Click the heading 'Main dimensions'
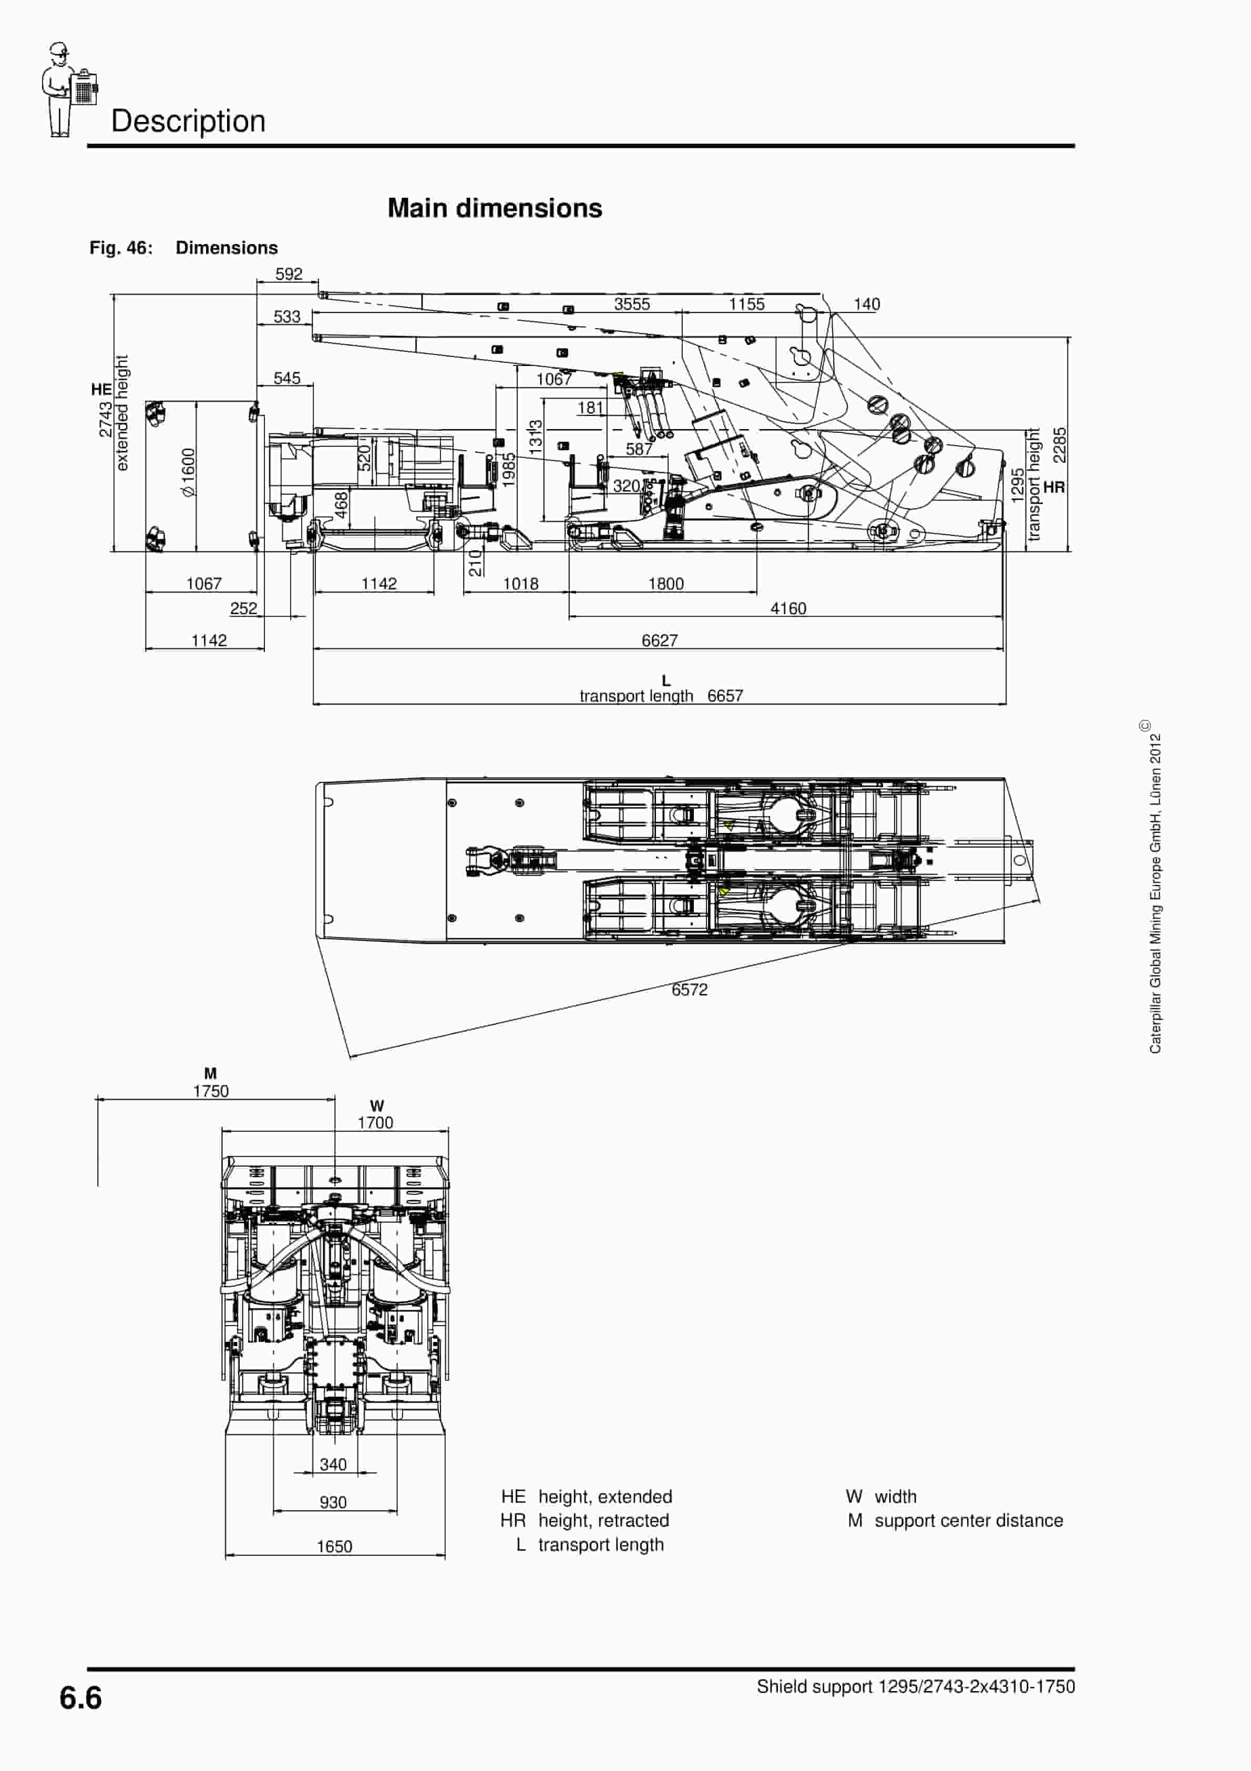pos(495,208)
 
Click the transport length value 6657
pos(725,696)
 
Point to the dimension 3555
pos(632,304)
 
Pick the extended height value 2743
pos(106,419)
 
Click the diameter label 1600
pos(188,472)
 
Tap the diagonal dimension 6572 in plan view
pos(689,990)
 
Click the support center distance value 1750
pos(211,1091)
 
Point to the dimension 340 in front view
pos(333,1464)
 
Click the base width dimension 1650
pos(334,1546)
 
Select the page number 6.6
pos(80,1698)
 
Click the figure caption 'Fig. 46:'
pos(121,248)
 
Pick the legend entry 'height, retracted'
pos(603,1520)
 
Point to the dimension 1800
pos(665,584)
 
